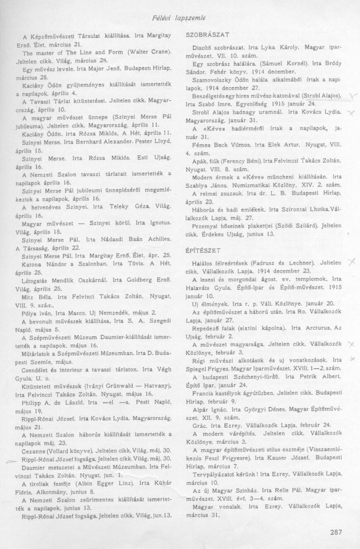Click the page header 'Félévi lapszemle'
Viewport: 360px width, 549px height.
(x=180, y=17)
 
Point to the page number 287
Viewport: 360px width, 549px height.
(x=336, y=531)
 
